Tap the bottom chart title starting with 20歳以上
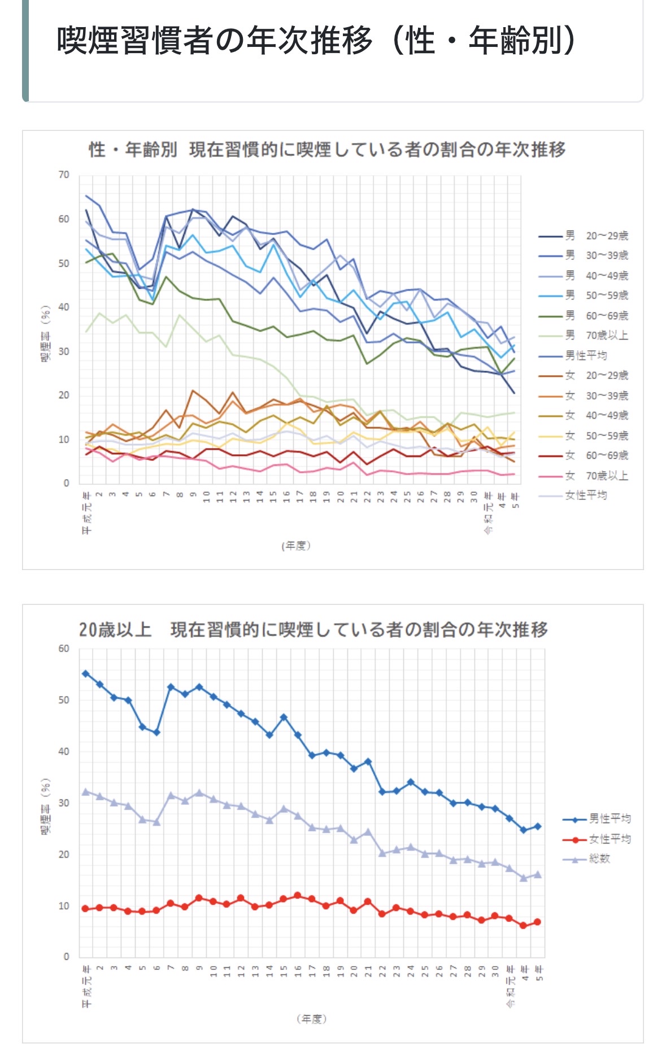pos(314,629)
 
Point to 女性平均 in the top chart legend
pos(586,495)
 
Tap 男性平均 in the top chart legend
pos(586,355)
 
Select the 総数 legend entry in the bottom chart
pos(599,859)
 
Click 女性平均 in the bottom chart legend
pos(610,839)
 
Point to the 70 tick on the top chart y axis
pos(64,175)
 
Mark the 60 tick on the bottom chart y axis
pos(64,649)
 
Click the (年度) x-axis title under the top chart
pos(296,546)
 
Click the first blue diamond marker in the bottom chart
pos(86,673)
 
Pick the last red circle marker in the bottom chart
pos(537,922)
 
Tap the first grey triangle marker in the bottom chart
pos(86,791)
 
